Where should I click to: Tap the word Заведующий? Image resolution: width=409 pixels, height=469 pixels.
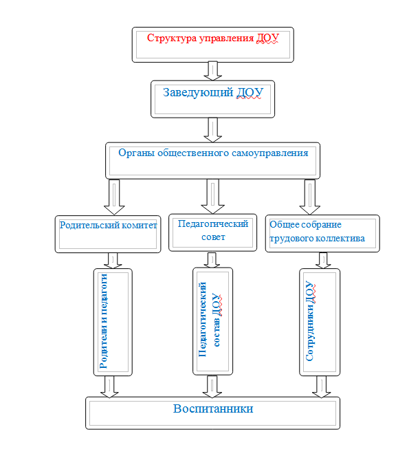198,92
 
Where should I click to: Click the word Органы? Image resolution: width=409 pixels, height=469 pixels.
136,153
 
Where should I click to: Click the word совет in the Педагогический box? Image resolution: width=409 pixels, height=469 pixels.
213,237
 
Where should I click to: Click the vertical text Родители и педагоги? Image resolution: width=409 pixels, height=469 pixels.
103,321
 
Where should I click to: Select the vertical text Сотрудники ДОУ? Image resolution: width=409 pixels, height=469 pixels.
310,321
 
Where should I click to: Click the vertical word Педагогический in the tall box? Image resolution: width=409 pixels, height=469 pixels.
202,319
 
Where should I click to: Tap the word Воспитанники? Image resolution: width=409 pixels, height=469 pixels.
213,408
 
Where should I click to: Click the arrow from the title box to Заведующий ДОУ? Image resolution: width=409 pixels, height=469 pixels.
212,71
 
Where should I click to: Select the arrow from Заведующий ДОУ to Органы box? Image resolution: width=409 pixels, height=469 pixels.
212,130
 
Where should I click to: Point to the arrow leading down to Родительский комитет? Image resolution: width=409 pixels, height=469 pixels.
114,197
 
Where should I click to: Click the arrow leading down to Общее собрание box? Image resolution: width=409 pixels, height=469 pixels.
310,197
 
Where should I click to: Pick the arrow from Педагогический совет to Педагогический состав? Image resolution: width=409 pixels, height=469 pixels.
212,260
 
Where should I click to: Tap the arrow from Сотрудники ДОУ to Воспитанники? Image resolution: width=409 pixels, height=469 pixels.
322,386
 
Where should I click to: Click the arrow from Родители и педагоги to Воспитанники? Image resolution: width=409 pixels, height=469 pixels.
109,386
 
